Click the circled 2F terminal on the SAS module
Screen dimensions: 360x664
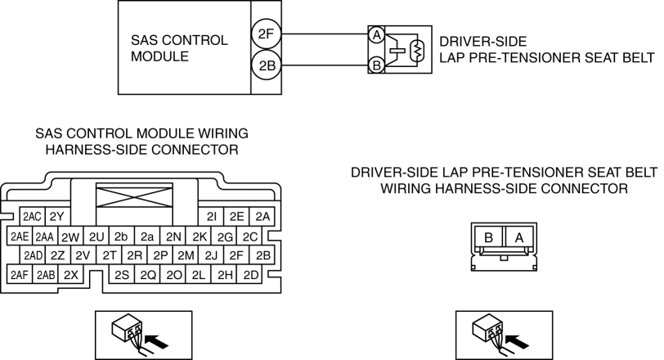click(266, 34)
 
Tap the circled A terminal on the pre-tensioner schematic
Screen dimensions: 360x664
click(376, 36)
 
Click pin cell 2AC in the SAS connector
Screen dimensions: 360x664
click(32, 217)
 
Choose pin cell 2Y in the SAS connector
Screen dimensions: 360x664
click(56, 217)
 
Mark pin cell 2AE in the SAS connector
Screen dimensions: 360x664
click(20, 236)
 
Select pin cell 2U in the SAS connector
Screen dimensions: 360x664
click(96, 236)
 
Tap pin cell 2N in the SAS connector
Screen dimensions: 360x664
click(173, 236)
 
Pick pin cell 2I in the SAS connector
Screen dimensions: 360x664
click(211, 217)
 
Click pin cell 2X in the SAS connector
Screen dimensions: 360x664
click(71, 275)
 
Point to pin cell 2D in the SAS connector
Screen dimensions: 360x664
click(251, 275)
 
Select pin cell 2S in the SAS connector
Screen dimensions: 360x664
click(123, 275)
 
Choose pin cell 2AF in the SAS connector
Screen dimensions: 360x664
click(20, 275)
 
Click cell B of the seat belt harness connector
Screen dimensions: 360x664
click(489, 237)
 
